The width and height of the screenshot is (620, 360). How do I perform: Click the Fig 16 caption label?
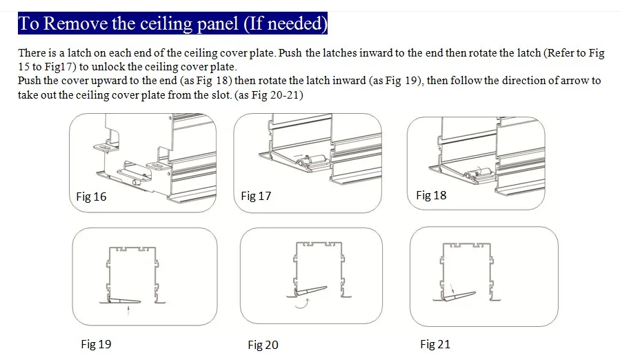coord(91,197)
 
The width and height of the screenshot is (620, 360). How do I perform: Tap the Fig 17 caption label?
coord(256,196)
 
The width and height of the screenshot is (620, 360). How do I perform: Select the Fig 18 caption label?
coord(431,195)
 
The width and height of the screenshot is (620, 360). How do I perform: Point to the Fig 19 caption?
coord(96,344)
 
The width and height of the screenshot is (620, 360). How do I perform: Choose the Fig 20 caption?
coord(263,345)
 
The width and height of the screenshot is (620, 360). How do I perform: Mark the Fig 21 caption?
coord(435,344)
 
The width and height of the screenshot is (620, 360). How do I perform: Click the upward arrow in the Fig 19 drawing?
coord(128,310)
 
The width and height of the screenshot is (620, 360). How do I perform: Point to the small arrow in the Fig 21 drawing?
coord(452,288)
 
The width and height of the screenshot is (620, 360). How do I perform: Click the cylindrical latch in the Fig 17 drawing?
coord(311,161)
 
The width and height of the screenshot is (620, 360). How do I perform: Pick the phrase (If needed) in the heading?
coord(286,23)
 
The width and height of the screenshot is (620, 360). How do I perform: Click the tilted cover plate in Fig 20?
coord(310,291)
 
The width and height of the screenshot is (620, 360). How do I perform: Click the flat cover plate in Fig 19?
coord(124,301)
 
